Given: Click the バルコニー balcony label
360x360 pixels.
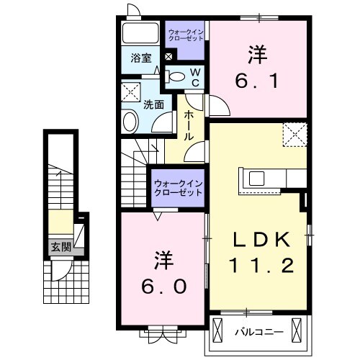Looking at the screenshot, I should pos(258,332).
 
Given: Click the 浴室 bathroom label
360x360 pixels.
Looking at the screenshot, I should pos(140,58).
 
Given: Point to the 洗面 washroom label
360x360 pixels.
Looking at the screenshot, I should pos(153,104).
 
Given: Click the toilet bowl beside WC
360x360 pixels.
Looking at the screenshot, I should pos(175,75).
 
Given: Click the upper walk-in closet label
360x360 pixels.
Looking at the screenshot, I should pos(186,36).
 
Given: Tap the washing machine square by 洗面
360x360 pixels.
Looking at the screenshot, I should pos(131,91).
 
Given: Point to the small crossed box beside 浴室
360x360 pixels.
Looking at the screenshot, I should pos(168,58).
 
